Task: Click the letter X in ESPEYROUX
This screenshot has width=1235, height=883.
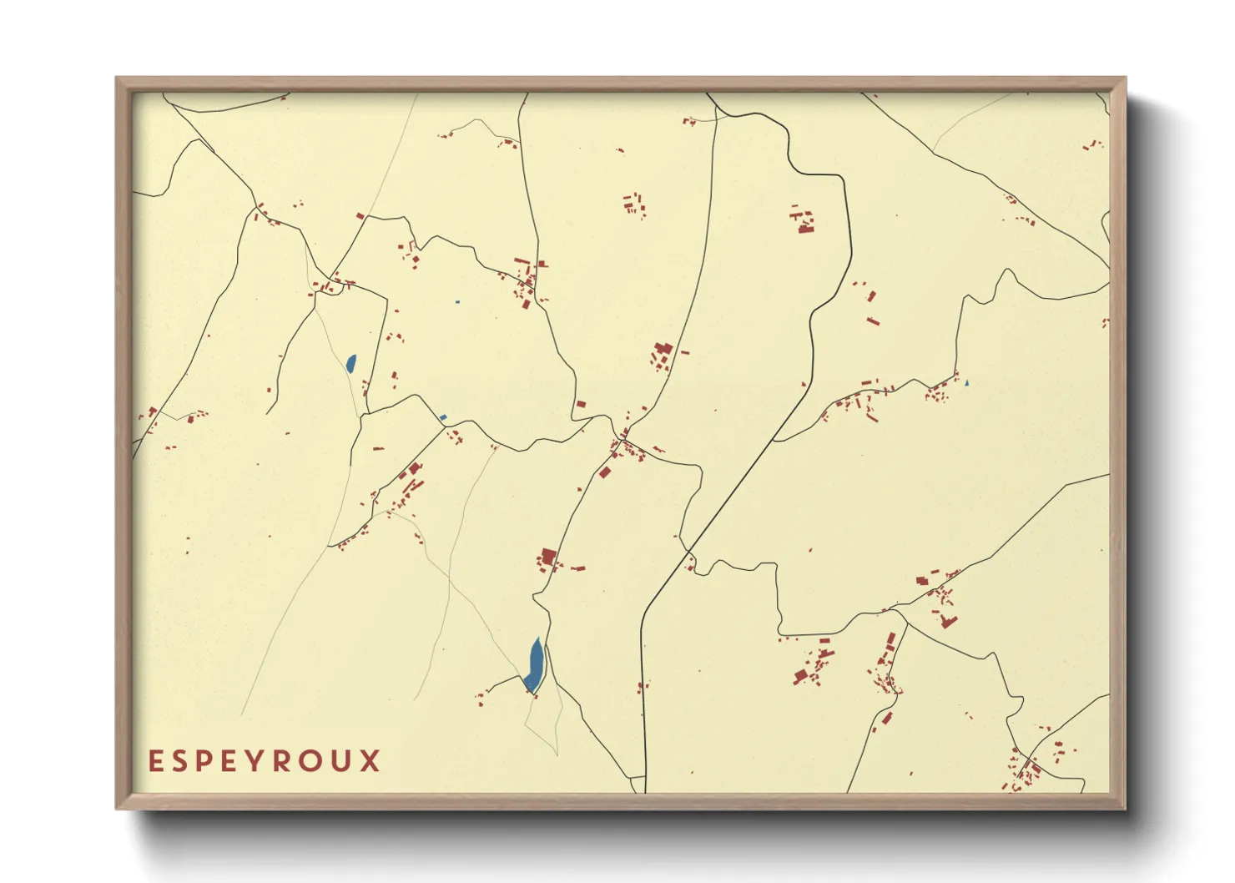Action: pyautogui.click(x=370, y=761)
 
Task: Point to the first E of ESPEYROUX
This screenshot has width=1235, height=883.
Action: pyautogui.click(x=155, y=761)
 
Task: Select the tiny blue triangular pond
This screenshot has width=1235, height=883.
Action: pyautogui.click(x=966, y=383)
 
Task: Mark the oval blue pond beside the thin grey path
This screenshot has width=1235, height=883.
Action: pyautogui.click(x=350, y=363)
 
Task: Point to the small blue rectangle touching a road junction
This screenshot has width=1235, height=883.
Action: pyautogui.click(x=443, y=417)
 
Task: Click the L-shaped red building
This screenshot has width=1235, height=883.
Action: pyautogui.click(x=947, y=621)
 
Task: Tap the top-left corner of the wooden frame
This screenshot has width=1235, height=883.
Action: pyautogui.click(x=117, y=78)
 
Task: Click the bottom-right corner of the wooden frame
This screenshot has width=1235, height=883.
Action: pyautogui.click(x=1125, y=808)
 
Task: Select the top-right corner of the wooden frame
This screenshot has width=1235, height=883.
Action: pyautogui.click(x=1125, y=78)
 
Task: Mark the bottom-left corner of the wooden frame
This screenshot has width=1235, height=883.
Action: pyautogui.click(x=117, y=808)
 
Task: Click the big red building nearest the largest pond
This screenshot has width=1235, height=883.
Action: pyautogui.click(x=548, y=557)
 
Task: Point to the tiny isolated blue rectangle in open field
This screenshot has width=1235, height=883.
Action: pyautogui.click(x=457, y=301)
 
